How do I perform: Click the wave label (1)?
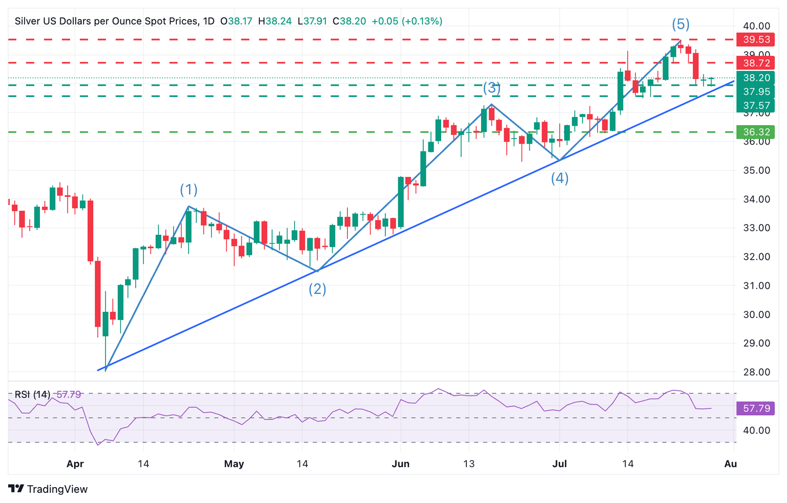(189, 190)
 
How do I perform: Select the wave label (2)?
(317, 289)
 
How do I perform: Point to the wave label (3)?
(492, 88)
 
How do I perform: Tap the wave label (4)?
(560, 178)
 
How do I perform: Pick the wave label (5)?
(680, 24)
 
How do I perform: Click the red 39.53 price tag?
(756, 39)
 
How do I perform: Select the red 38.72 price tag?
(756, 63)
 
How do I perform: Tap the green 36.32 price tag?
(756, 132)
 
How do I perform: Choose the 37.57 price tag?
(756, 105)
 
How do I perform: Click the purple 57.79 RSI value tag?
(756, 408)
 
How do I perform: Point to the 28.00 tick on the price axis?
(756, 372)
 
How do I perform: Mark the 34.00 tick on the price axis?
(756, 199)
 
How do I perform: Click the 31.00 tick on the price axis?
(756, 286)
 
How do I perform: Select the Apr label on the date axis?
(75, 464)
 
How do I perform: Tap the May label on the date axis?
(234, 464)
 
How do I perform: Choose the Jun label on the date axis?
(401, 464)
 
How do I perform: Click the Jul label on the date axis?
(560, 464)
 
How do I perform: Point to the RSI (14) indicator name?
(32, 395)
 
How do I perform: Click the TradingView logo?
(48, 489)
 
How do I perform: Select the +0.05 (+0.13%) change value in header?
(407, 21)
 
